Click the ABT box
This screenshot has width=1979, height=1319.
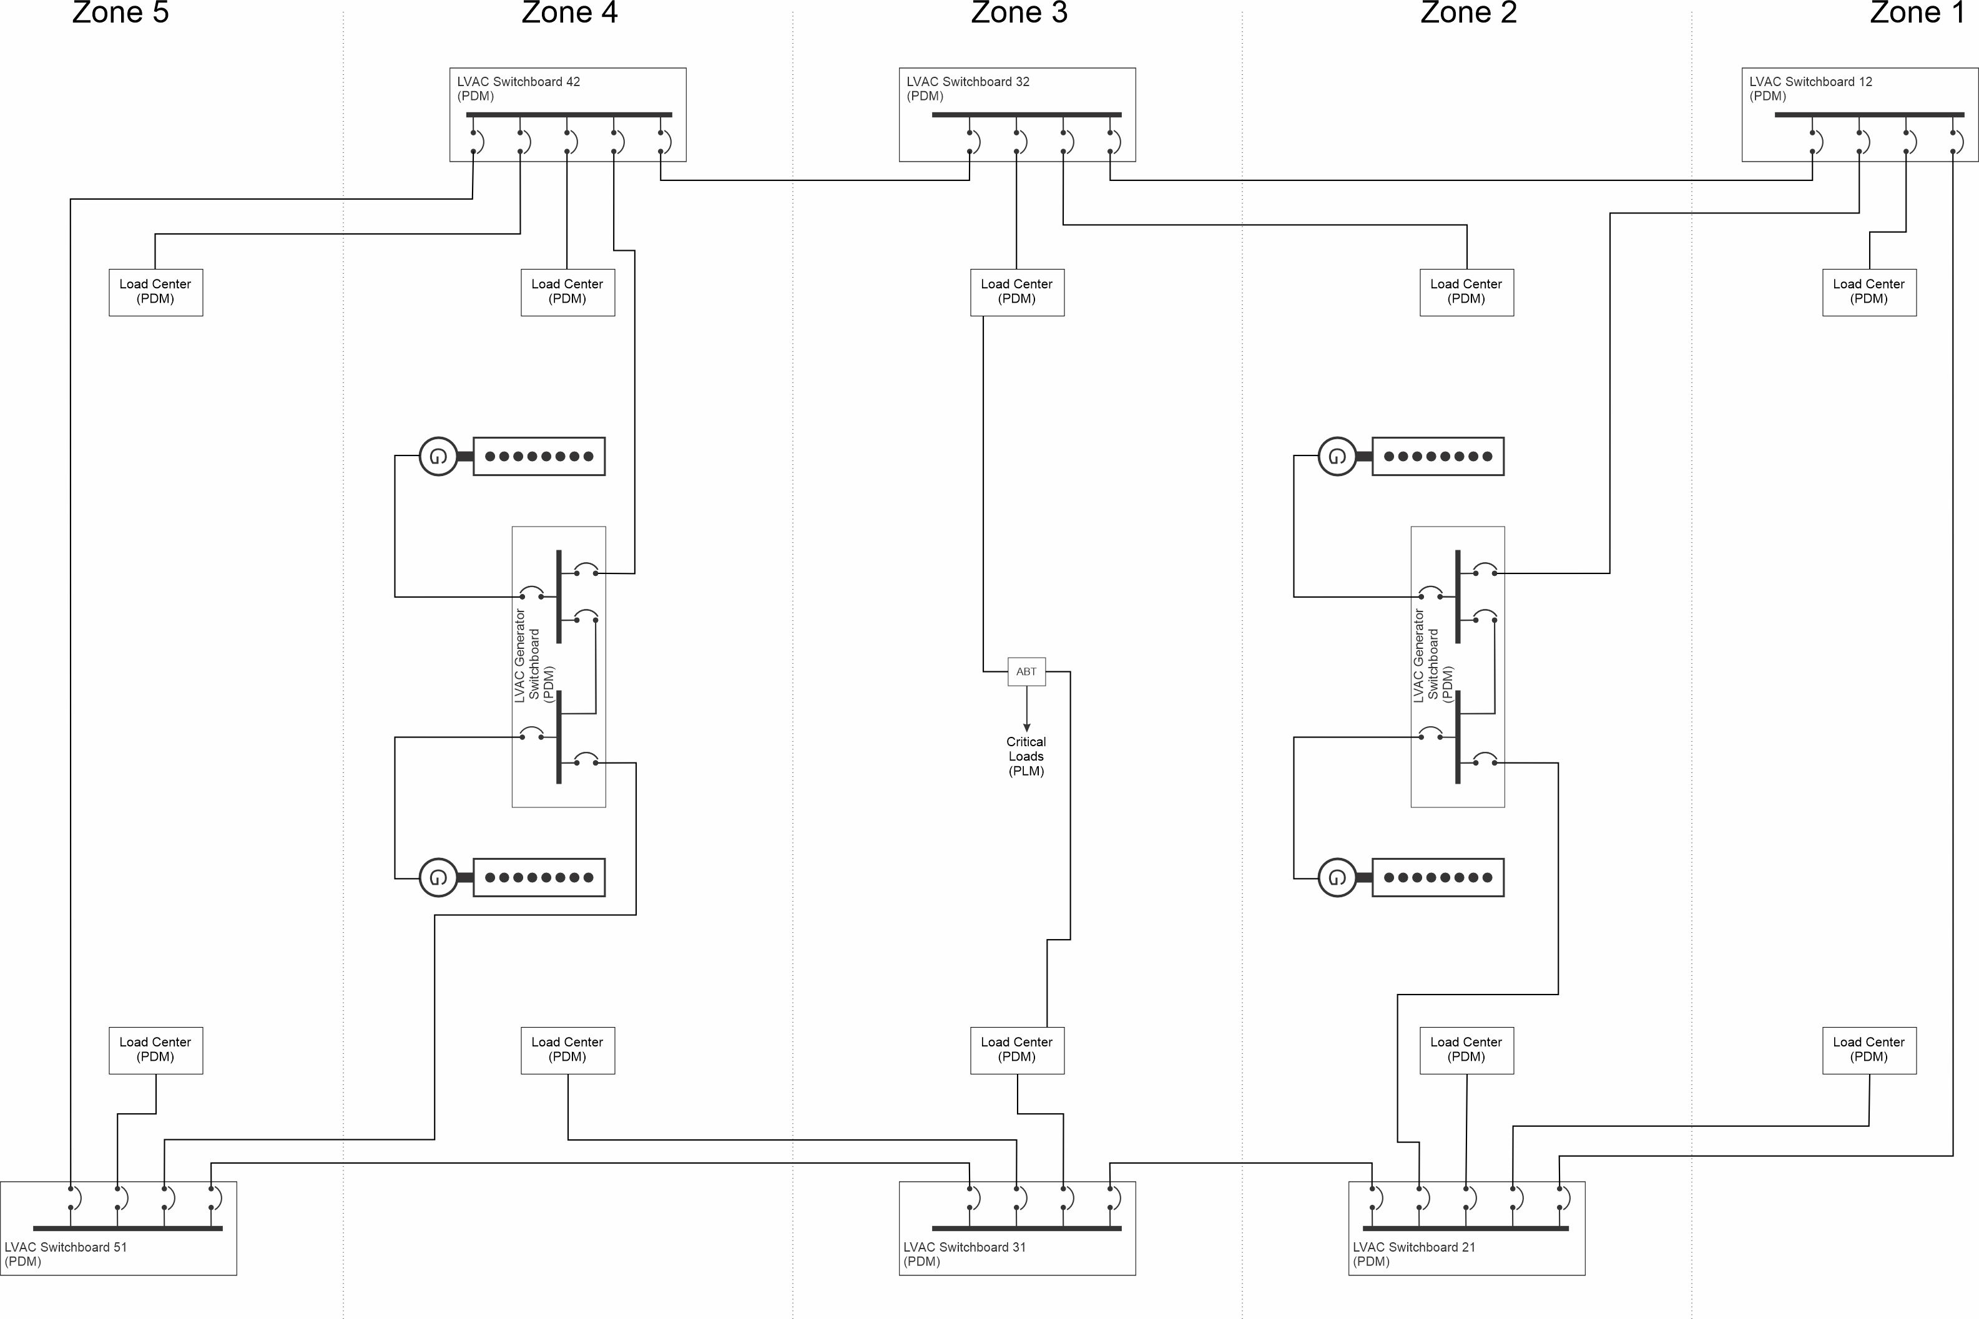1026,671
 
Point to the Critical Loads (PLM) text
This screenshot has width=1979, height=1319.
1026,756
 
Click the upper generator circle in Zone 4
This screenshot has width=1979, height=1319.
438,457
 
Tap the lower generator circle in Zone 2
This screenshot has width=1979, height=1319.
1337,877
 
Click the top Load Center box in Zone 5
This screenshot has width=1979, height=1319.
155,292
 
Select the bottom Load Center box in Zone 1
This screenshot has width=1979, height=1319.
1869,1050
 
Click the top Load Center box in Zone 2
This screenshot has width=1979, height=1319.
1466,292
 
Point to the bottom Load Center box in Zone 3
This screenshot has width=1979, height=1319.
1017,1050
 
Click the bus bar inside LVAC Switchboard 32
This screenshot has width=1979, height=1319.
1026,114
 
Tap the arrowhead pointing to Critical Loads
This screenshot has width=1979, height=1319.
1026,727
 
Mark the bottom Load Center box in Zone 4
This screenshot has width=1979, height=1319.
568,1050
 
